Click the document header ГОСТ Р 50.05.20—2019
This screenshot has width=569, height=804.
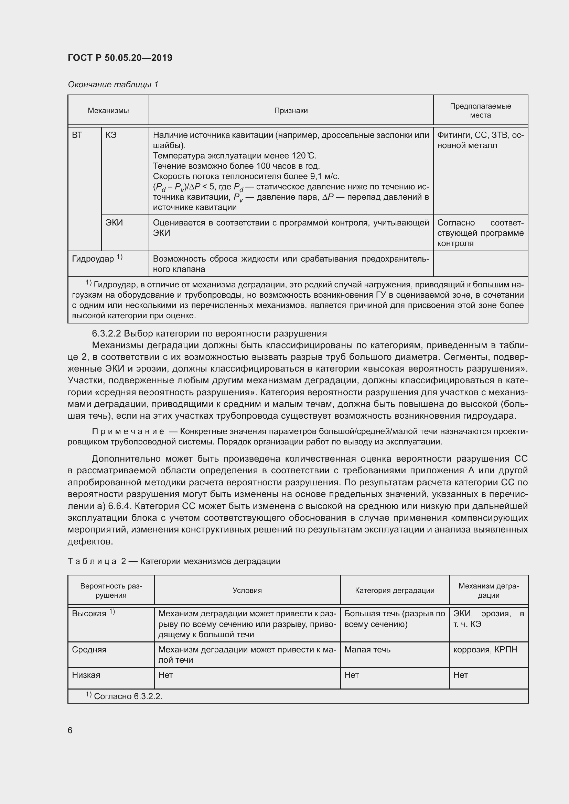tap(120, 58)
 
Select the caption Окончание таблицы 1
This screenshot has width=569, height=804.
tap(113, 85)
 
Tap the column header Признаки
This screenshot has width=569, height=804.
tap(291, 111)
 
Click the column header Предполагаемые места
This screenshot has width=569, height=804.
tap(480, 110)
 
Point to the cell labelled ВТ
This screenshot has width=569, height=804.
tap(77, 135)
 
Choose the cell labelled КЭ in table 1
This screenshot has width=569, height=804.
tap(111, 135)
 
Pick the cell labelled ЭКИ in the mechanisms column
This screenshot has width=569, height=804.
tap(114, 223)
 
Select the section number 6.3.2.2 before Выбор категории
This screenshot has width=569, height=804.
tap(107, 333)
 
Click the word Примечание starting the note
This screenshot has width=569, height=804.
tap(128, 431)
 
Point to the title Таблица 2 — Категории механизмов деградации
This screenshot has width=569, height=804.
tap(174, 561)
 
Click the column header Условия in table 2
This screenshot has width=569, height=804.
tap(247, 591)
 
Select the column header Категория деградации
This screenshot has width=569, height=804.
tap(395, 591)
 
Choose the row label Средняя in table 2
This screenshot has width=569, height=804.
tap(89, 650)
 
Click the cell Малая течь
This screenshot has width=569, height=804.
tap(367, 650)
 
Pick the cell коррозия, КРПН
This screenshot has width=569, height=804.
tap(485, 650)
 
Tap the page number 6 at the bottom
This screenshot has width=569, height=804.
tap(70, 730)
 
